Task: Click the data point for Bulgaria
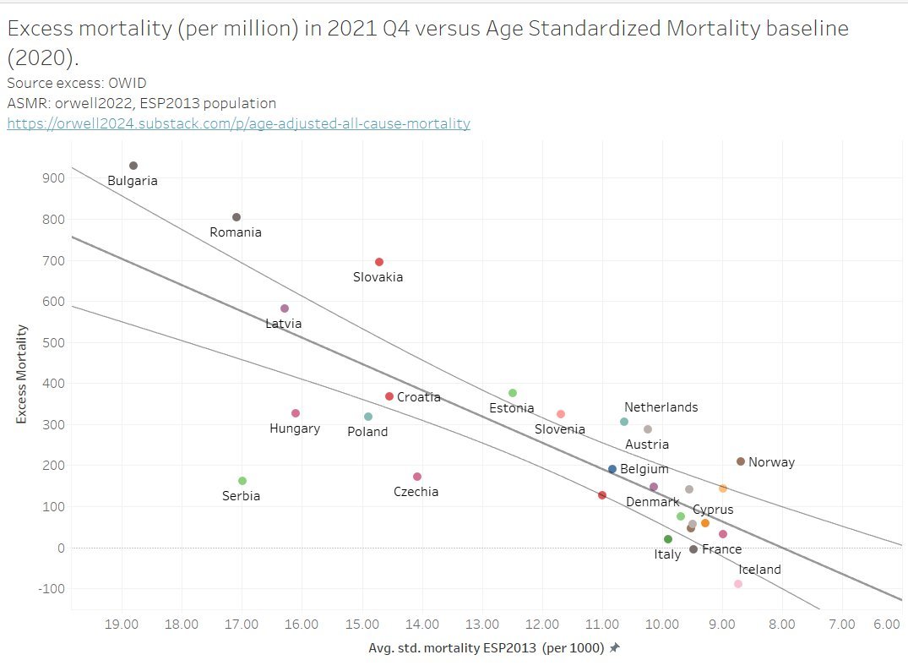click(133, 166)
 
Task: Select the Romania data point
click(237, 217)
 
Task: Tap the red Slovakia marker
click(379, 262)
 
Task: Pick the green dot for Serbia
click(242, 481)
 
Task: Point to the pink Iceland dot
click(738, 584)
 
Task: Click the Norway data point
click(741, 461)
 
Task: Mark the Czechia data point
click(417, 477)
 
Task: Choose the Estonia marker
click(513, 393)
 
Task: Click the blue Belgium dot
click(612, 469)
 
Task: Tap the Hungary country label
click(295, 428)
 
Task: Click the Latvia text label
click(283, 323)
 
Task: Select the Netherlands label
click(661, 407)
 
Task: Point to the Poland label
click(367, 432)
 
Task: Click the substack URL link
click(238, 123)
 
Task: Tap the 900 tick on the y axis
click(54, 178)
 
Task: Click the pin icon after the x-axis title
click(615, 648)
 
